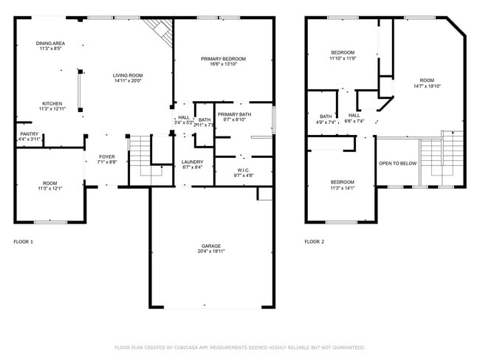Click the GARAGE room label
pos(211,246)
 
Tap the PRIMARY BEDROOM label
pos(223,59)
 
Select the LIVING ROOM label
pos(128,75)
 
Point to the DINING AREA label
pos(50,44)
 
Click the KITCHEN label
pos(52,103)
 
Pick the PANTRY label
pos(30,134)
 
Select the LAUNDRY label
pos(192,162)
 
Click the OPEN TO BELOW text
pos(397,163)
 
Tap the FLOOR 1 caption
pos(24,241)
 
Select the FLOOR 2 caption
pos(315,241)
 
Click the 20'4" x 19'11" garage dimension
pos(211,252)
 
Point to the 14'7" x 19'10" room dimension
pos(427,86)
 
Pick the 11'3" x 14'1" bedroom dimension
pos(342,187)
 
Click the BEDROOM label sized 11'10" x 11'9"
pos(343,52)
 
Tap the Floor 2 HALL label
pos(354,116)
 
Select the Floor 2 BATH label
pos(326,116)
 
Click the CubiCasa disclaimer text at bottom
pos(239,347)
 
